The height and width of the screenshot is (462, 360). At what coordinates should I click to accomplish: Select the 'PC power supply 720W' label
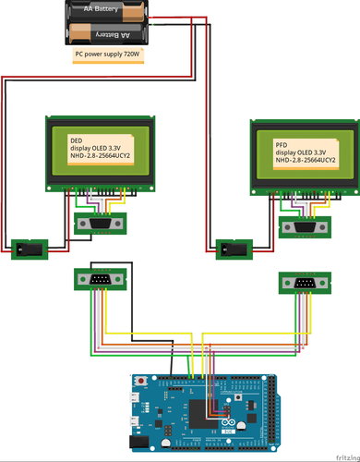107,55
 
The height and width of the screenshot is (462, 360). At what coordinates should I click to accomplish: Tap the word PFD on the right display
282,146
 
